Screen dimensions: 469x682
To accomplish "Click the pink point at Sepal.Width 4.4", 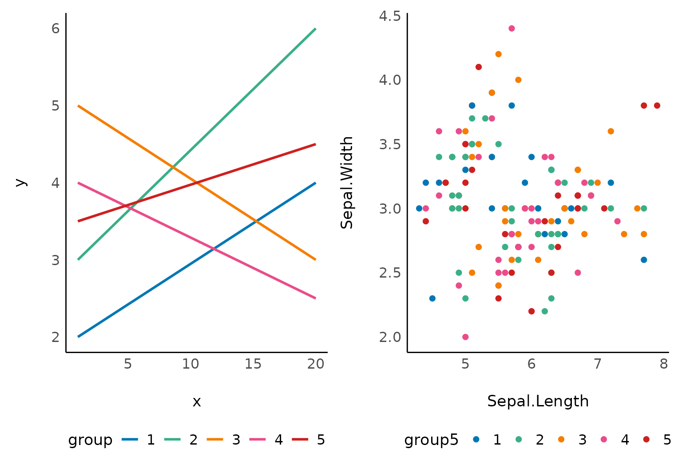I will tap(511, 28).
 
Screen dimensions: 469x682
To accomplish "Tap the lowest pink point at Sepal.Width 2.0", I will tap(465, 337).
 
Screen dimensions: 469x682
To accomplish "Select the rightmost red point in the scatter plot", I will tap(657, 106).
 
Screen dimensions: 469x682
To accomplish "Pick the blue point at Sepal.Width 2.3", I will tap(432, 298).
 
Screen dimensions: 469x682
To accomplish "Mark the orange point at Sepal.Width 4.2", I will tap(498, 54).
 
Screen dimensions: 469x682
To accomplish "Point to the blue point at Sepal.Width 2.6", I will tap(644, 260).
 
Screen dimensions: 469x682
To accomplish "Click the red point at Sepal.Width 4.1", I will tap(479, 67).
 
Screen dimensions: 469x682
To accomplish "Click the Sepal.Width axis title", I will tap(347, 183).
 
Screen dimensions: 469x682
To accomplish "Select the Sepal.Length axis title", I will tap(538, 401).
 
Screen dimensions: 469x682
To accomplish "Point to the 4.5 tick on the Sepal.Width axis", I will tap(390, 16).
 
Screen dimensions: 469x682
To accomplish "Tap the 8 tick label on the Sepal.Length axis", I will tap(664, 364).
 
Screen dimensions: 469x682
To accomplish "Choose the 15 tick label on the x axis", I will tap(253, 364).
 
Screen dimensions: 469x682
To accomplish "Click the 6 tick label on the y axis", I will tap(56, 29).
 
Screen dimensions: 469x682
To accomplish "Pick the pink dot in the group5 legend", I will tap(604, 439).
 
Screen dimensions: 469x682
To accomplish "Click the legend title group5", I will tap(431, 440).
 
